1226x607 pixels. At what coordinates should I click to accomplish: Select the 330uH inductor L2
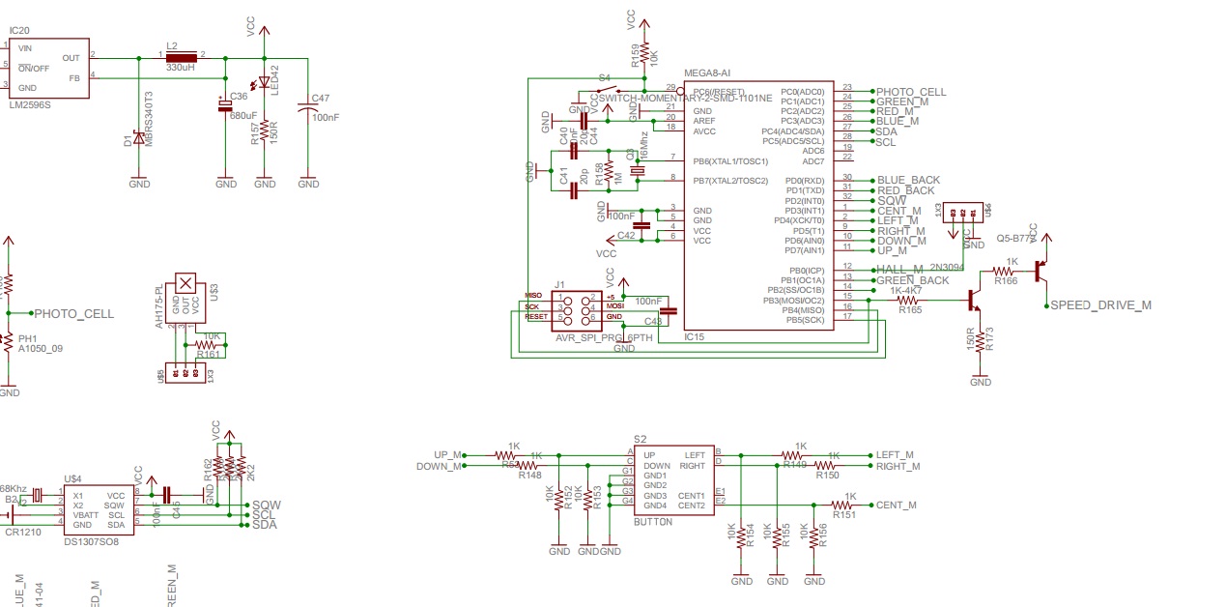click(180, 56)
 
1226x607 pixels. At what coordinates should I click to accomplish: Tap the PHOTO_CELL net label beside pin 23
click(910, 92)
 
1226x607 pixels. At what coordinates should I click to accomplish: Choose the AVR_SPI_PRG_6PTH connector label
click(604, 338)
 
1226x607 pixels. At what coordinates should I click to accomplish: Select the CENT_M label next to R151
click(896, 505)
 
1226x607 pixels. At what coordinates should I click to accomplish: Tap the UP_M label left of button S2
click(447, 454)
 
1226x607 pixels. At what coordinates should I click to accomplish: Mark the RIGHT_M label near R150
click(899, 466)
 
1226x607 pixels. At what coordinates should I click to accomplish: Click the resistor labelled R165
click(909, 301)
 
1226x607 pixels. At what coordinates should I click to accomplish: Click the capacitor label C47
click(321, 99)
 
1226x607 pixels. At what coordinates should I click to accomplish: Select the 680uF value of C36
click(242, 115)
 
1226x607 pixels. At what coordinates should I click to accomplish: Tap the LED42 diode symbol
click(264, 81)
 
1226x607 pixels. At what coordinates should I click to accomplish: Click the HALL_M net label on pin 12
click(899, 270)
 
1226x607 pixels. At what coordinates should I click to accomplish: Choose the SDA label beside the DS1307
click(264, 525)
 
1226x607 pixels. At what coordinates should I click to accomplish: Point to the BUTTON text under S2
click(652, 522)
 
